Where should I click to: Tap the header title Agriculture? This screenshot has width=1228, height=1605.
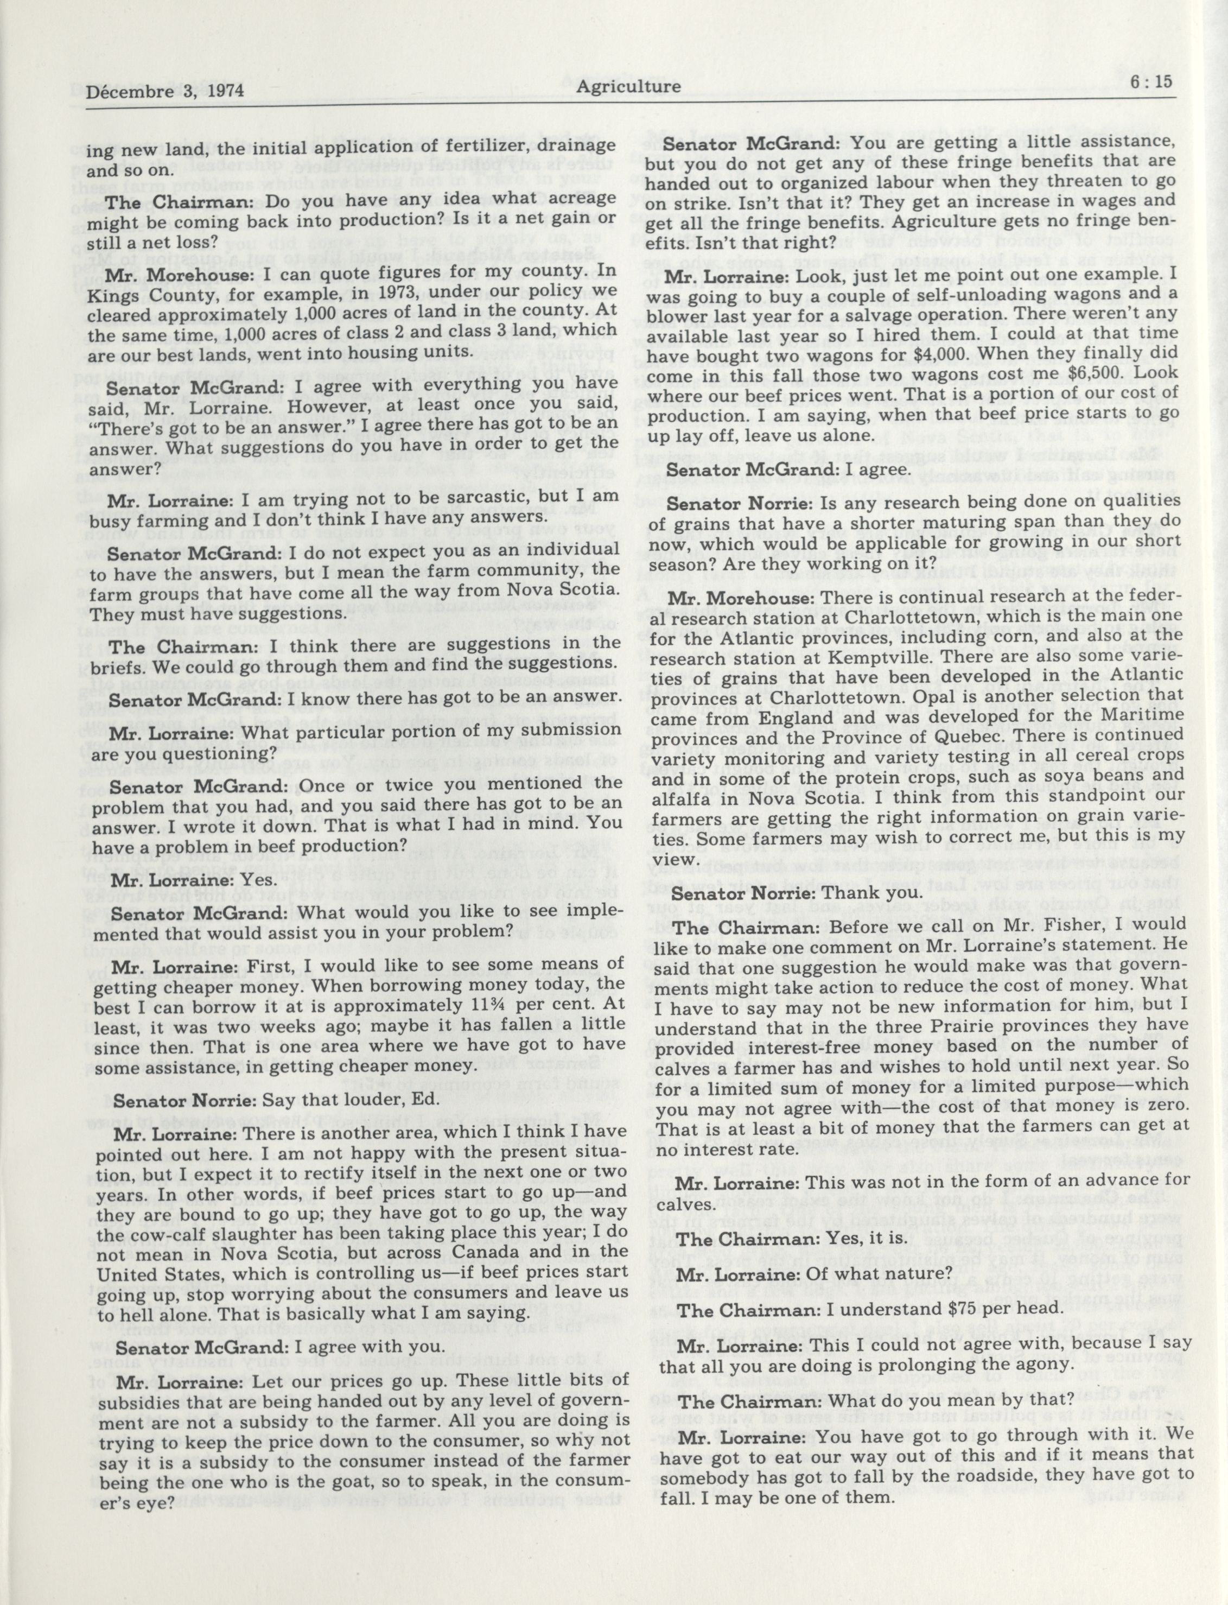pyautogui.click(x=628, y=86)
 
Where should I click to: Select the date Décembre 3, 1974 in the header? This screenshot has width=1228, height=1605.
pyautogui.click(x=164, y=91)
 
